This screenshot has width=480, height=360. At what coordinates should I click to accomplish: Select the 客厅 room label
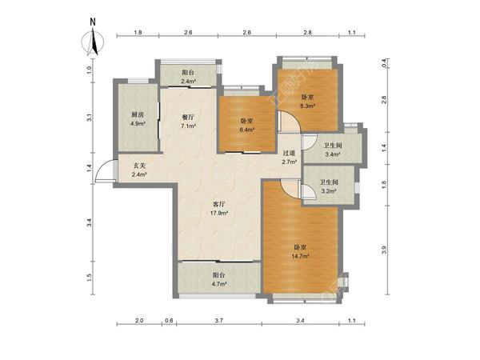[219, 204]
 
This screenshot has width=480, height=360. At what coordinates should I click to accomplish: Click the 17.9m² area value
[219, 213]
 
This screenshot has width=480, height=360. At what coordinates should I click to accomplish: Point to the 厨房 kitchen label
[138, 114]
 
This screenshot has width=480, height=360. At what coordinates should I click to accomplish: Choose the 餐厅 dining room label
[188, 117]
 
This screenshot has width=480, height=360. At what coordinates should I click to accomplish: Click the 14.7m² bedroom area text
[300, 256]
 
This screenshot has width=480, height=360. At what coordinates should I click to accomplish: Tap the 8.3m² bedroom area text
[307, 106]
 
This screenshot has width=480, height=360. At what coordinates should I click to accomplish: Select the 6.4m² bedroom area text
[247, 130]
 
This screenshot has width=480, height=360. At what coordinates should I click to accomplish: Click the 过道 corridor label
[289, 153]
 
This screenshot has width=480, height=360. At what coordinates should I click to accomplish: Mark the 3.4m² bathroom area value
[333, 154]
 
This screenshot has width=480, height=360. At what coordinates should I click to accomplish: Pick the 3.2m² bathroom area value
[329, 190]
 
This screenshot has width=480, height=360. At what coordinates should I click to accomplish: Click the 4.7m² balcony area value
[219, 284]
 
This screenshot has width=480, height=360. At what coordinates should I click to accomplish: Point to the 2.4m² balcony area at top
[188, 81]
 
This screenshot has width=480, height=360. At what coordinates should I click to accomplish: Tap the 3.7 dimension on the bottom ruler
[219, 321]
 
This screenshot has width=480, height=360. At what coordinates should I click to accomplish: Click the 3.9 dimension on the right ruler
[385, 250]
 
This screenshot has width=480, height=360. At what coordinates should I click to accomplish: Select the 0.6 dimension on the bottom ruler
[169, 321]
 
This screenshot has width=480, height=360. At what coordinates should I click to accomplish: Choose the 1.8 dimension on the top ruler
[138, 32]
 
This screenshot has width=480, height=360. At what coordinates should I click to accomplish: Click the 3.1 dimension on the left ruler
[89, 118]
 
